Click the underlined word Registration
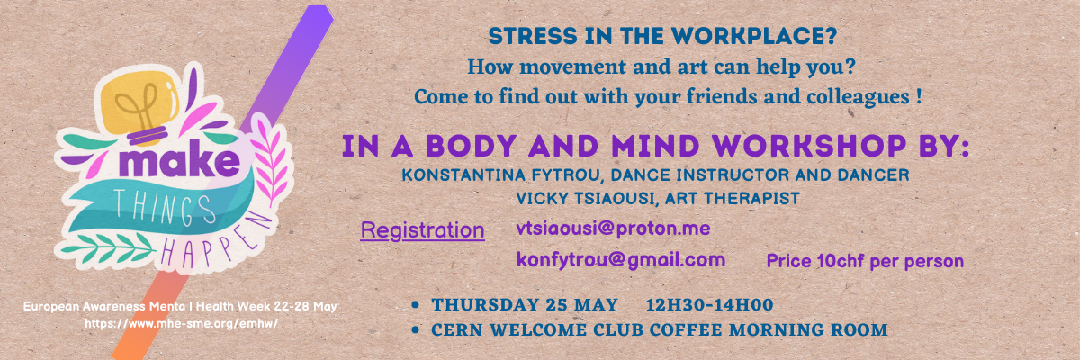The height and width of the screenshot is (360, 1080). pos(422,230)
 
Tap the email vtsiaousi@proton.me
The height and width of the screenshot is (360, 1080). pos(613,229)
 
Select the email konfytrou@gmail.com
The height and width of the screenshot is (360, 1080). pos(621,260)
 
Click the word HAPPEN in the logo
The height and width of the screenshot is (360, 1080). pos(211,238)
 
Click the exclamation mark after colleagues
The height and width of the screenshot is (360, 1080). pos(918,95)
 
